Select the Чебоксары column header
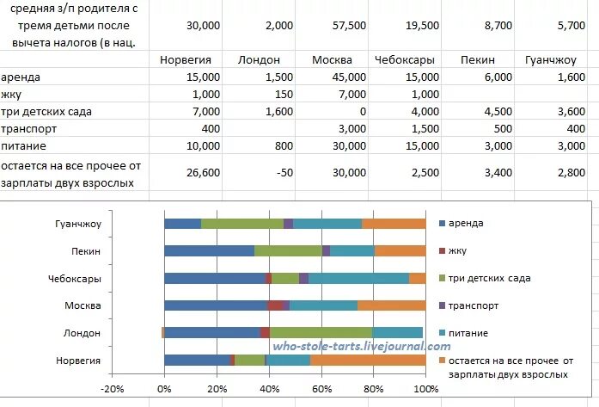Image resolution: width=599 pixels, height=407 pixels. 404,60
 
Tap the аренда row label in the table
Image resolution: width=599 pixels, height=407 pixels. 22,77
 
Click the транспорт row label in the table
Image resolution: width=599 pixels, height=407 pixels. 30,128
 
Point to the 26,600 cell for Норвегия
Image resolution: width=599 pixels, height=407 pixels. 203,173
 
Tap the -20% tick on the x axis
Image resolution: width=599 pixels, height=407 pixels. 112,389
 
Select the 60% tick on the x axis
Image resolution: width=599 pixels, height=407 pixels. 321,389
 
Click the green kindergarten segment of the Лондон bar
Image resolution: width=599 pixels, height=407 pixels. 321,332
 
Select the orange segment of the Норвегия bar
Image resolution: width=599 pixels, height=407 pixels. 368,360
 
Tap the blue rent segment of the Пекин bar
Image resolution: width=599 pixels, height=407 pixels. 209,251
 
